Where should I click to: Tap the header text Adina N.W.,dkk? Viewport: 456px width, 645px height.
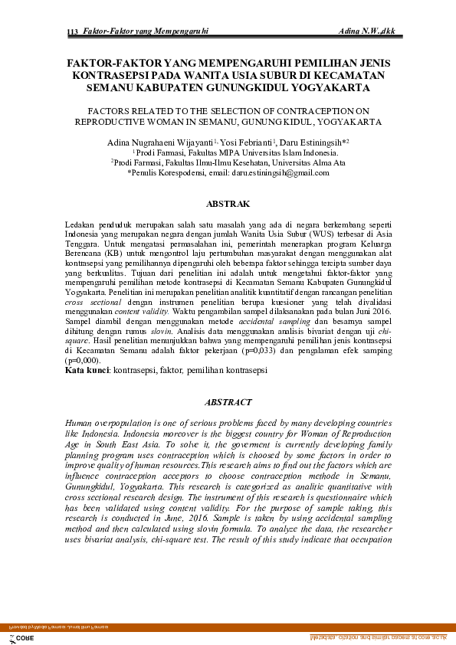point(372,31)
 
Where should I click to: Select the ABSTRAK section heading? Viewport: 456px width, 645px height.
point(228,205)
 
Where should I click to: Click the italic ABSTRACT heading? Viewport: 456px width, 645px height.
point(228,402)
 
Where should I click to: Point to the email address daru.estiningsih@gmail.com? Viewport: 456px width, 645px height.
point(280,173)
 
